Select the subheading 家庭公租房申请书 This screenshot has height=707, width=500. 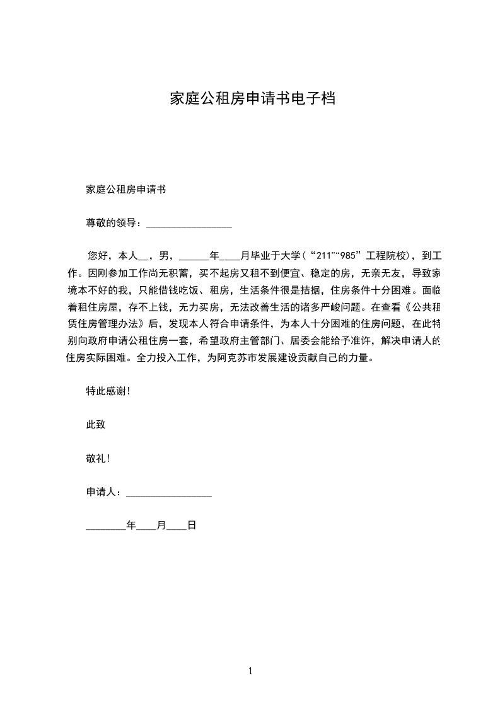pyautogui.click(x=125, y=189)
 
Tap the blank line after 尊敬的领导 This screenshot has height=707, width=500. pyautogui.click(x=189, y=223)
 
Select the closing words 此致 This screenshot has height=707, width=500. pyautogui.click(x=95, y=425)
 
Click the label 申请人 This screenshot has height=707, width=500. pyautogui.click(x=101, y=492)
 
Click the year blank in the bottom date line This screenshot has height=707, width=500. pyautogui.click(x=105, y=526)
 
